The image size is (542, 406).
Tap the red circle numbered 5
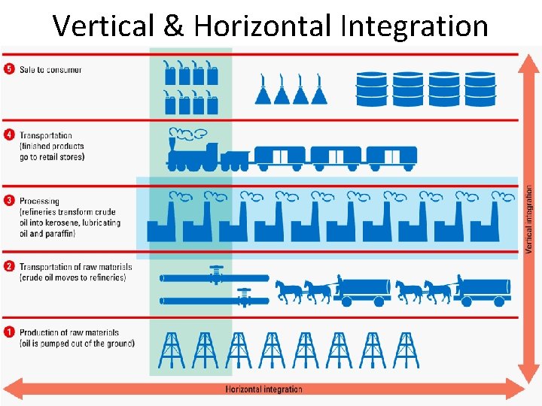click(x=9, y=69)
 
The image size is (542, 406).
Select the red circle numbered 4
click(x=9, y=136)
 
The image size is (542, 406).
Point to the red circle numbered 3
click(x=9, y=201)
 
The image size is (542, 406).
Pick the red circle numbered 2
click(x=9, y=267)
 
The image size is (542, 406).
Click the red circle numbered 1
click(x=9, y=332)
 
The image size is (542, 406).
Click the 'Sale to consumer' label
click(x=50, y=70)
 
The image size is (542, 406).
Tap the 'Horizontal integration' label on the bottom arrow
click(x=264, y=389)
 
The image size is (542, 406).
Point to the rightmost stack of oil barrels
click(x=480, y=89)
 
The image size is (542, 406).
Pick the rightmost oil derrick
click(x=406, y=350)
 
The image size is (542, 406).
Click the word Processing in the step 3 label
click(x=39, y=201)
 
